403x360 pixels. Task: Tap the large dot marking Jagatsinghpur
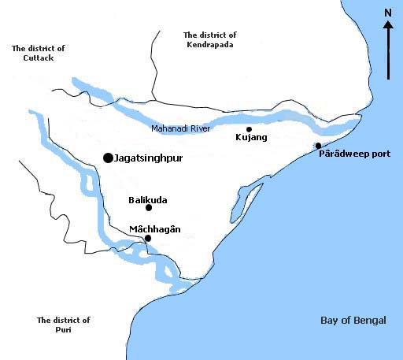108,158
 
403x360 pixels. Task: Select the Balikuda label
148,200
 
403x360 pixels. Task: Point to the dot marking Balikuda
149,208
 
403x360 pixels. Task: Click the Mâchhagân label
155,229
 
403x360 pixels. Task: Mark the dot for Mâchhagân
148,238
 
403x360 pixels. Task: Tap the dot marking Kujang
249,129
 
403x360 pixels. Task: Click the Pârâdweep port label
354,154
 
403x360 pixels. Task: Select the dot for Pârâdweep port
318,146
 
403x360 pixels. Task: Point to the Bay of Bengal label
353,320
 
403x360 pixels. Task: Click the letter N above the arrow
387,13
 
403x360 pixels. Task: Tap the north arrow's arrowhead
388,25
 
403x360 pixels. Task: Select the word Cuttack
39,58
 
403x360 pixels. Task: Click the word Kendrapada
210,45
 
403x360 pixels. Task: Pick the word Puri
64,331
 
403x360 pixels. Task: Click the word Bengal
370,320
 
